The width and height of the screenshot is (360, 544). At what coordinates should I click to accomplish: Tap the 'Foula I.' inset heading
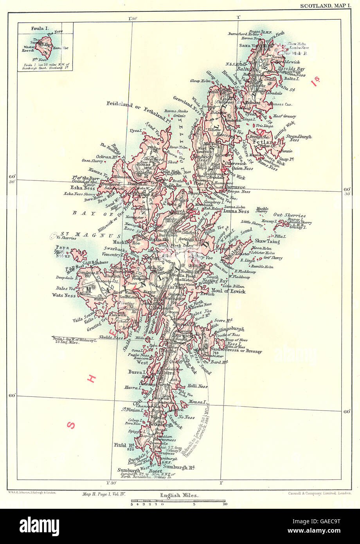pos(31,28)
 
